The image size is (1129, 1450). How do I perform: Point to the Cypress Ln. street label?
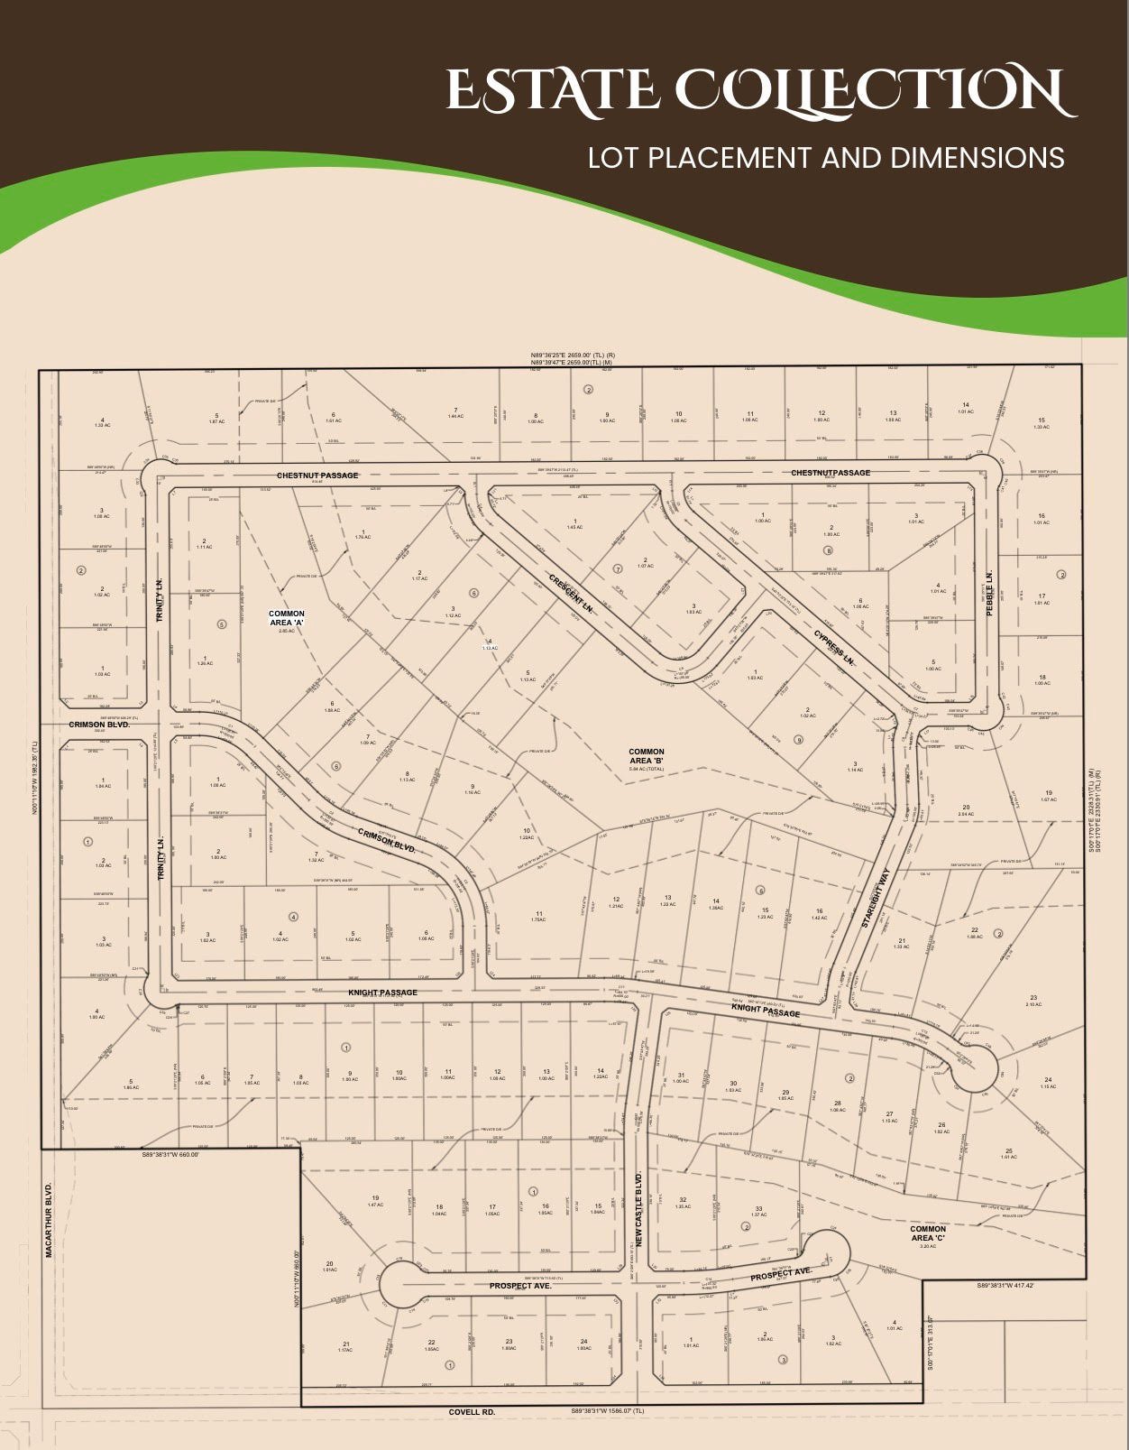pos(834,647)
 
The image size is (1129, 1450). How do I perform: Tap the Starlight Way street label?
pos(875,900)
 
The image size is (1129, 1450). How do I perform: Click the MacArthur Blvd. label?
pos(50,1219)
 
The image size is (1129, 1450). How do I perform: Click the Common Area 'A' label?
pos(287,618)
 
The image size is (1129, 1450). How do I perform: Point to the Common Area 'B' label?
pos(647,756)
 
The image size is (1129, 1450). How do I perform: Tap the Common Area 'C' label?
pos(928,1233)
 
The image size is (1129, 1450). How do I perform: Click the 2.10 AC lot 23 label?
pos(1033,1001)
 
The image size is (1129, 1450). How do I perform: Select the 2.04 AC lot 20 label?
pos(966,810)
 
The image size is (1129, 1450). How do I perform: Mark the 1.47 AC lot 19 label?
pos(375,1201)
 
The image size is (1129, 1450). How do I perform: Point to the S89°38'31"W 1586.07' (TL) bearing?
pos(608,1410)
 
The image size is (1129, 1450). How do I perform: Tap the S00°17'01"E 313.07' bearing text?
pos(932,1343)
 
